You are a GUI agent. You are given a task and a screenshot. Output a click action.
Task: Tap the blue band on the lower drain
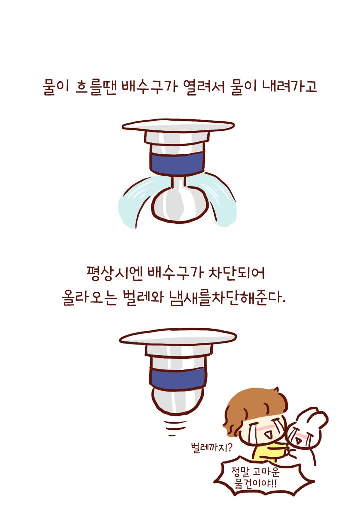coord(177,378)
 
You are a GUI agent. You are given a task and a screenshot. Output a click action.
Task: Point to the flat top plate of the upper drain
coord(177,125)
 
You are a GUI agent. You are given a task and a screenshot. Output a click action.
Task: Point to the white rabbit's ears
coord(312,417)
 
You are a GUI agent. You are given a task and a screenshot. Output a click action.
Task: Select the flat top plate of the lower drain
coord(177,337)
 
